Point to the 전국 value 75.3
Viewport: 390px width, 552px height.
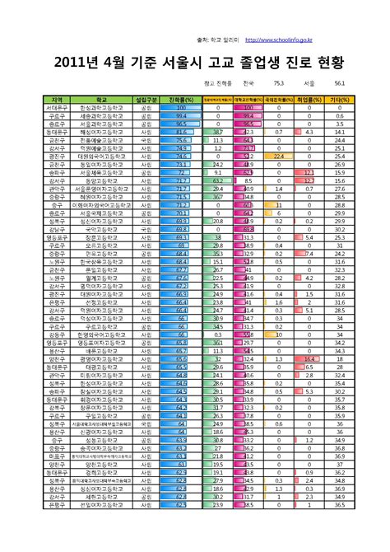277,84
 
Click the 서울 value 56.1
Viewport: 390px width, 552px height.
339,84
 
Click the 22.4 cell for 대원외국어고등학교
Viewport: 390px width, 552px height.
278,155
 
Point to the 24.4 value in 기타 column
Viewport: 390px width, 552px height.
339,139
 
